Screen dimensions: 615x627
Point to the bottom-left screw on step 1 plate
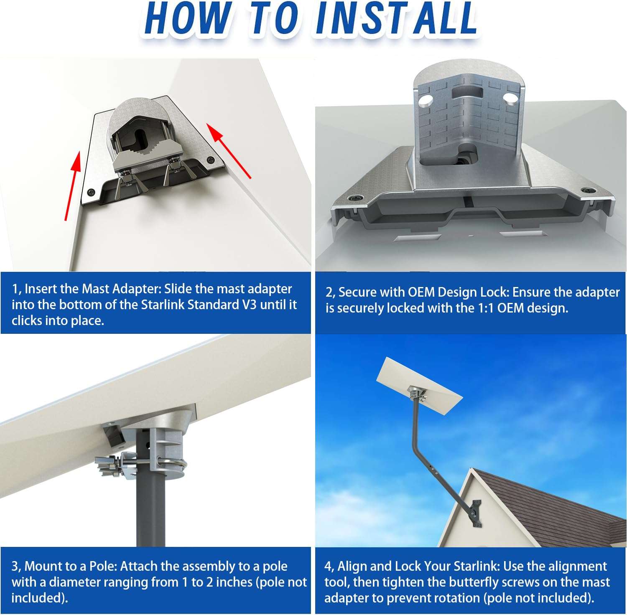pos(91,192)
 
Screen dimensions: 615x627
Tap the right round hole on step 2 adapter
pos(510,98)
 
